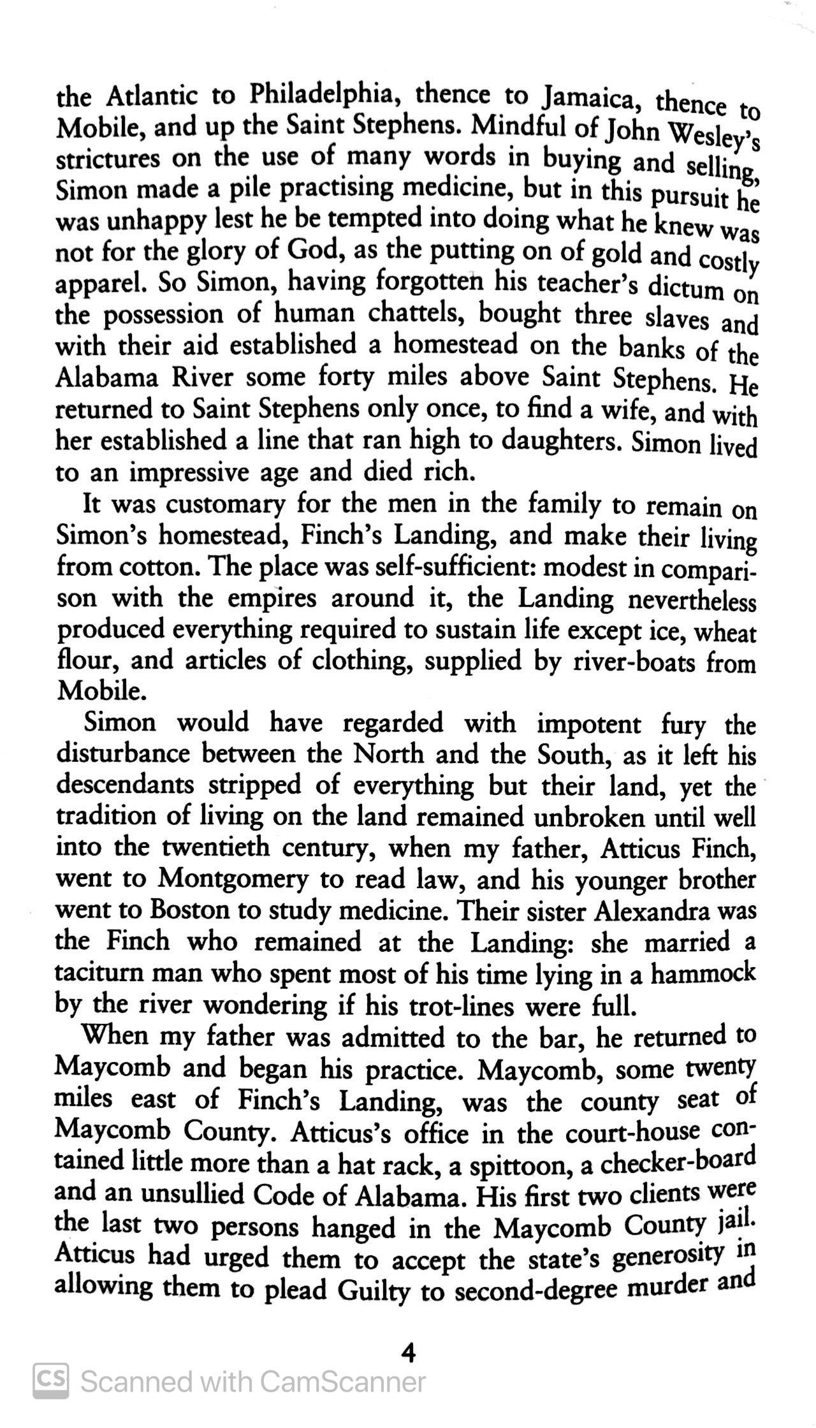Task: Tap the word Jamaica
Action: [587, 98]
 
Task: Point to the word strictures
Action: [108, 159]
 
